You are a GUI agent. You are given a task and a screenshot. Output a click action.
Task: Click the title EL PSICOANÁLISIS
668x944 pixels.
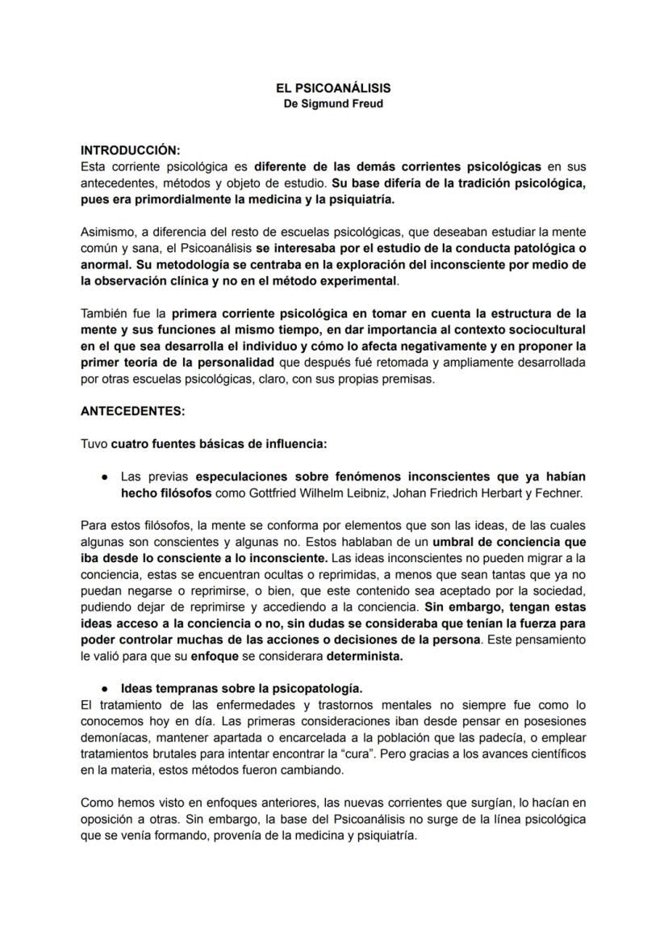333,89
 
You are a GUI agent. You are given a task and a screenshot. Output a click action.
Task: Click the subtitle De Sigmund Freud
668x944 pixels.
333,104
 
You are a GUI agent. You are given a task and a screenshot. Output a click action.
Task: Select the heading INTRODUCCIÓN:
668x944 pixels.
131,151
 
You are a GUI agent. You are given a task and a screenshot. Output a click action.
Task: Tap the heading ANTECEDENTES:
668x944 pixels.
132,410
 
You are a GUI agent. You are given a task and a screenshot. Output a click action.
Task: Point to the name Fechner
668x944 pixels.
562,493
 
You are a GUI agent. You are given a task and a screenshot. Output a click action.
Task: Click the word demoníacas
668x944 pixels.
113,738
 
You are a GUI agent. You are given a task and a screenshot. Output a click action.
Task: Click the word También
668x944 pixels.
103,313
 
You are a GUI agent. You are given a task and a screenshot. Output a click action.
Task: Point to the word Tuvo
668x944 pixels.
94,443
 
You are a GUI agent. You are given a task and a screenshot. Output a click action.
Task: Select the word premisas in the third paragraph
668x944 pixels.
409,378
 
